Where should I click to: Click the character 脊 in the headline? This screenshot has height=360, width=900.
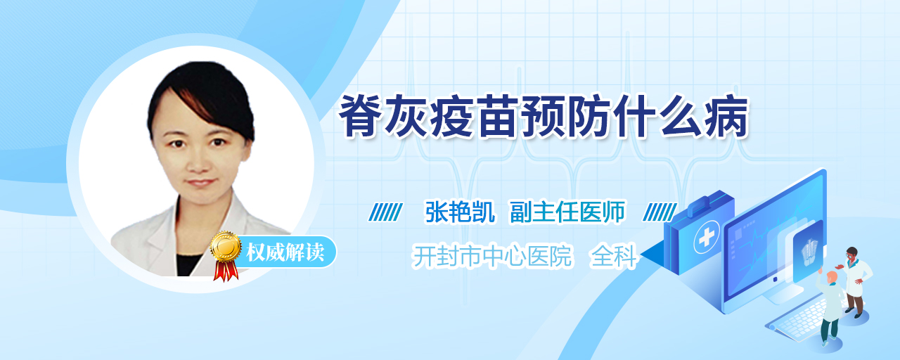tap(361, 117)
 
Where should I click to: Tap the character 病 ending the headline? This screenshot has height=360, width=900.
tap(727, 117)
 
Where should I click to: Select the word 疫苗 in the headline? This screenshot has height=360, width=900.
tap(476, 117)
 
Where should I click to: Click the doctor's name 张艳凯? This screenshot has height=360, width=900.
tap(460, 212)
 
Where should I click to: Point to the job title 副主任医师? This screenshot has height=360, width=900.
tap(567, 212)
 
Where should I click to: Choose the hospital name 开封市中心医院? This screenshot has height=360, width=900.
tap(492, 256)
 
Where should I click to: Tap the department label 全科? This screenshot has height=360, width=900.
tap(614, 256)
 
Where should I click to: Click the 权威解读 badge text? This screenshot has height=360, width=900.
tap(285, 252)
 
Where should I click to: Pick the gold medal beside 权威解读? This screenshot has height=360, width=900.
tap(226, 246)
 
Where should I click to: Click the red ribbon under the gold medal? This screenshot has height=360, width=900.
tap(226, 271)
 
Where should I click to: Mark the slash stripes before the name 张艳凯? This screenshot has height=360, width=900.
tap(386, 212)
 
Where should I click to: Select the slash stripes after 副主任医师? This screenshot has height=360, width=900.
tap(660, 212)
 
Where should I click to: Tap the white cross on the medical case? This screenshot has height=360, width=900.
tap(707, 238)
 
